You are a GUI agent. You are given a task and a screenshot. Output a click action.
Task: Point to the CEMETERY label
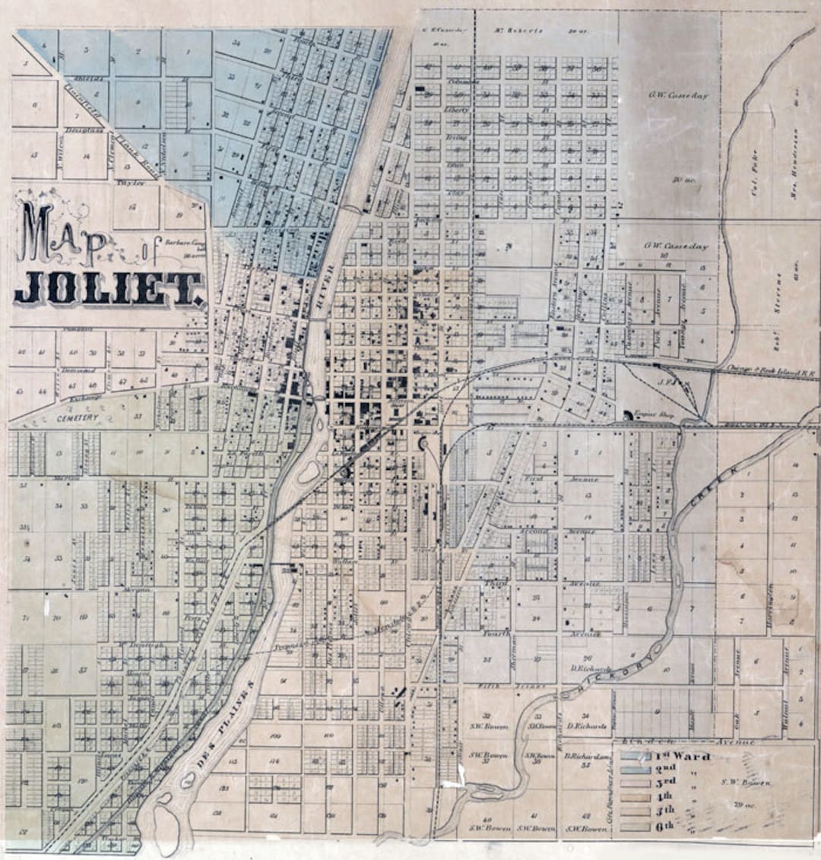pos(78,418)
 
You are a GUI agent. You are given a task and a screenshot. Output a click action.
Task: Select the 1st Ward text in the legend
pos(683,757)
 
